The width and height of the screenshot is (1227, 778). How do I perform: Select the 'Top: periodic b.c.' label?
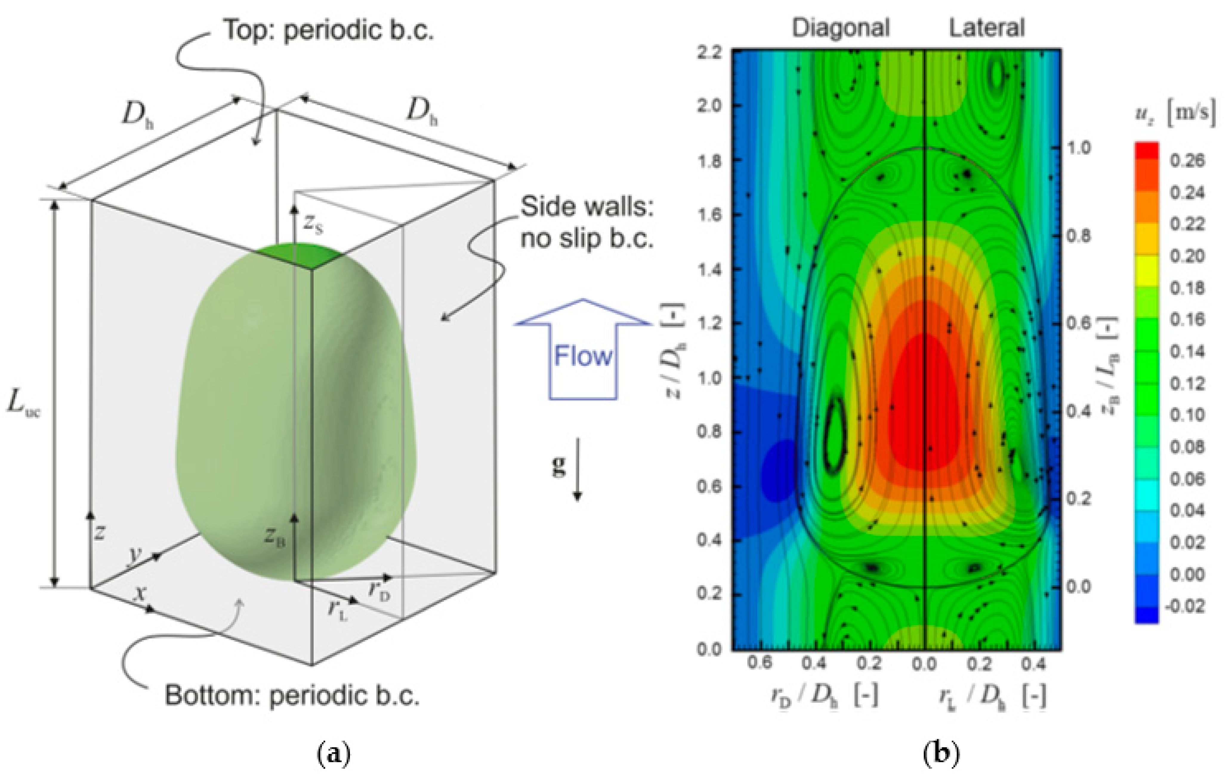(x=329, y=30)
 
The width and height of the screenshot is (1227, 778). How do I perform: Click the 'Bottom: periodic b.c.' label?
(x=292, y=695)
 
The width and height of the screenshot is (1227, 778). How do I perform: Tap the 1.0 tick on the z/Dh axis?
(x=710, y=378)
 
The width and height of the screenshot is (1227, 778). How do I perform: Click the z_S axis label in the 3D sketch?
(x=313, y=224)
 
